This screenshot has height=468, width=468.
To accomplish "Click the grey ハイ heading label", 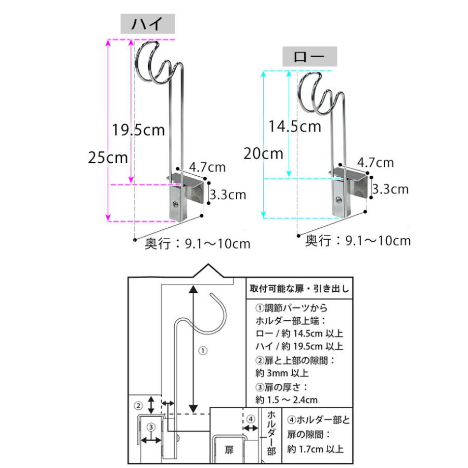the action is [148, 23].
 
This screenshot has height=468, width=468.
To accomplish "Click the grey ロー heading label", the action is [310, 56].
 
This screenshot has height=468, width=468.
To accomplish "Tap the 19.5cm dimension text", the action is [138, 130].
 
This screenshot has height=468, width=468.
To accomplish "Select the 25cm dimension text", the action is [108, 157].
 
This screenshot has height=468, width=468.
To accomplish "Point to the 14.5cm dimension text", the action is [295, 126].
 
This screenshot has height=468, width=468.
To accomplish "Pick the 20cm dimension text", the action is [263, 154].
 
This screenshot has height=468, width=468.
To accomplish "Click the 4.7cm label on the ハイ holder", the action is [207, 167].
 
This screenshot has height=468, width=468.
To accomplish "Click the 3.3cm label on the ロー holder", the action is [391, 189].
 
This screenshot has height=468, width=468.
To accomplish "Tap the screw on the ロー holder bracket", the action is [338, 200].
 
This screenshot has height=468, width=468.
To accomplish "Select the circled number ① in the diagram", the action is [203, 350].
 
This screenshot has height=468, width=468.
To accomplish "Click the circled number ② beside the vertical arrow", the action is [138, 406].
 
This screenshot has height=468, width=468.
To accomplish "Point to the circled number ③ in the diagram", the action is [151, 427].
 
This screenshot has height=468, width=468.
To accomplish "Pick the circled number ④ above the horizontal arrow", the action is [251, 419].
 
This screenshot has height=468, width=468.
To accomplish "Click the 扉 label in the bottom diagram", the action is [229, 450].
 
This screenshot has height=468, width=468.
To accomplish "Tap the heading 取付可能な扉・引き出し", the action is [300, 289].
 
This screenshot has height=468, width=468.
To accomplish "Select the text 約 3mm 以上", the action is [282, 373].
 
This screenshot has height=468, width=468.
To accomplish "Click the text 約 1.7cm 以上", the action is [316, 449].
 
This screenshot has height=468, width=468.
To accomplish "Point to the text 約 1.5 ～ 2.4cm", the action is [287, 400].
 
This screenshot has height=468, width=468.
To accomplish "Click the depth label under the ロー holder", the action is [358, 241].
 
